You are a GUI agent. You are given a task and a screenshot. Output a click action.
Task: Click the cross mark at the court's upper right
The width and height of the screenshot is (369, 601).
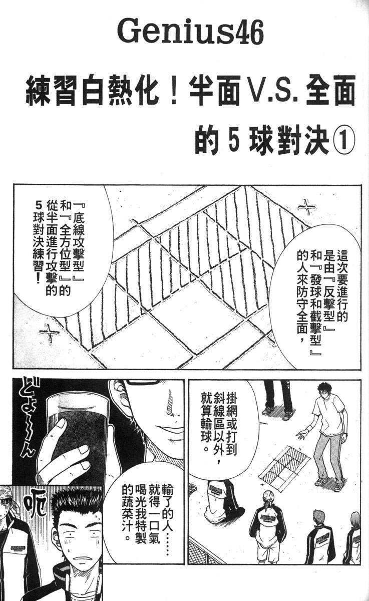pos(306,206)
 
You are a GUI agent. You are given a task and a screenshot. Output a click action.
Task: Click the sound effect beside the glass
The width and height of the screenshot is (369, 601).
pos(25,416)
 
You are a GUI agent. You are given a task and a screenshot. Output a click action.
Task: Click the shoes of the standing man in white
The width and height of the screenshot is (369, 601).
pos(328,483)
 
